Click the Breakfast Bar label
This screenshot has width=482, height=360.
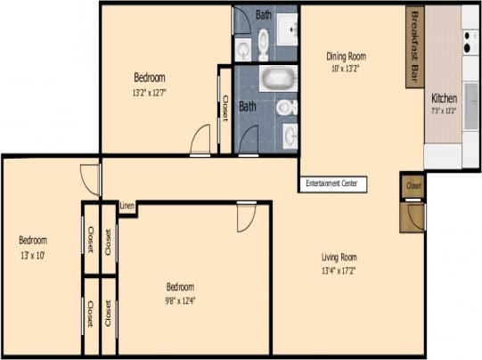(x=414, y=47)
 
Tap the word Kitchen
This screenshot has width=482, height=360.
(x=444, y=98)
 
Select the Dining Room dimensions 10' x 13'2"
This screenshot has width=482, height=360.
(x=347, y=69)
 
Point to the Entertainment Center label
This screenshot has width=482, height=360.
(x=331, y=183)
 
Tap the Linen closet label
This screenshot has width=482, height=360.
(x=127, y=207)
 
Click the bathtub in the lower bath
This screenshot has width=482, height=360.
(x=278, y=78)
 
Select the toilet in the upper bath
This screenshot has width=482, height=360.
(x=264, y=43)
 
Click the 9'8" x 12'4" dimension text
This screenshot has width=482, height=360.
(x=180, y=299)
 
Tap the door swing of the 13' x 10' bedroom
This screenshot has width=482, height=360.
(x=90, y=177)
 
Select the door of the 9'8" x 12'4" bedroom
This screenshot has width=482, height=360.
(x=247, y=217)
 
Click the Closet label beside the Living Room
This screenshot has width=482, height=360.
(x=413, y=186)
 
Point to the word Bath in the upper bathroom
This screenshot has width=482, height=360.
(x=264, y=14)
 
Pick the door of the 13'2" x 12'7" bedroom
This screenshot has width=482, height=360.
(x=200, y=141)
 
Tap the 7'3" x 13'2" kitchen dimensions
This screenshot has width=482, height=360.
(x=444, y=110)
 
